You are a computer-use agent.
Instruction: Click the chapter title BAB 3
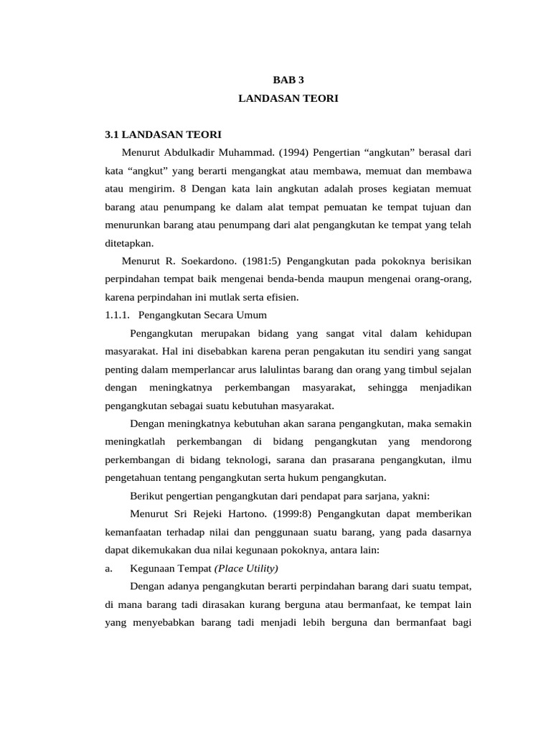tap(288, 80)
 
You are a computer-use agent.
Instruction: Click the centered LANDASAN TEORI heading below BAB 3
tap(288, 99)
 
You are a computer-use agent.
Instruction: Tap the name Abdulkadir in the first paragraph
tap(194, 153)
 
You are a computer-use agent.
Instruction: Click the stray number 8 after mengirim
tap(184, 189)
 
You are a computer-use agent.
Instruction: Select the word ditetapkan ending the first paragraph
tap(128, 243)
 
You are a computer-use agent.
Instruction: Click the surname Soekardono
tap(206, 261)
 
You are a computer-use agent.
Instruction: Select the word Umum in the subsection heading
tap(252, 314)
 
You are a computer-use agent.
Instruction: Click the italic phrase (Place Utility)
tap(245, 568)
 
